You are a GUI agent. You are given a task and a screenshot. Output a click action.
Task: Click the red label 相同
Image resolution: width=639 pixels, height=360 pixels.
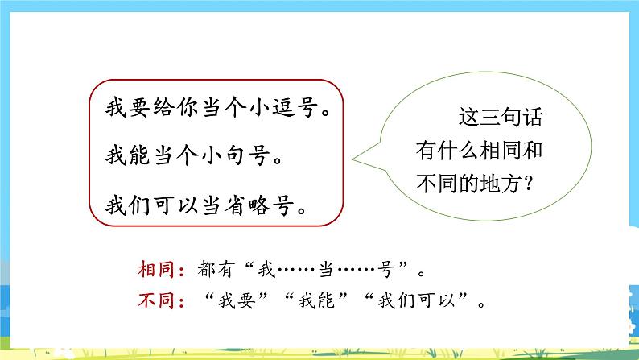[152, 267]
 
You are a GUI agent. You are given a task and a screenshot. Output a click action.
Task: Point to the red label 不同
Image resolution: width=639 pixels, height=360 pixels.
[152, 303]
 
